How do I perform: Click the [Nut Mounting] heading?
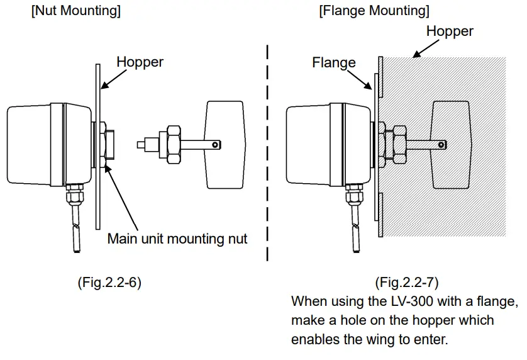coord(76,11)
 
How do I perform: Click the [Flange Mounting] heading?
coord(374,11)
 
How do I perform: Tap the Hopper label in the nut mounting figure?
coord(140,62)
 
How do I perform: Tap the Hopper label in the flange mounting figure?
coord(450,31)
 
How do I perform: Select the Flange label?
coord(334,62)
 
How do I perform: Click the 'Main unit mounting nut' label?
coord(177,239)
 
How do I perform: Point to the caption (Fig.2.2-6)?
coord(109,282)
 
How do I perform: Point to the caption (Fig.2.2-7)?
coord(407,282)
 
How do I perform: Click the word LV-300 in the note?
coord(412,301)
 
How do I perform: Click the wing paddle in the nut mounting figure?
coord(225,145)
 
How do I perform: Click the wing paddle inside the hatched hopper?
coord(451,145)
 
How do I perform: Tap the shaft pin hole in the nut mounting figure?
coord(216,145)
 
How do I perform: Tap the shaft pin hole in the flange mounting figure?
coord(441,145)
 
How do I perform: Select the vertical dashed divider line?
coord(267,153)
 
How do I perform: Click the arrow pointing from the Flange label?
coord(359,79)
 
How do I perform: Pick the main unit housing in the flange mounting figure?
coord(329,145)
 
